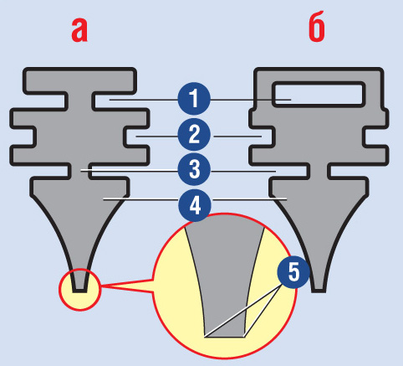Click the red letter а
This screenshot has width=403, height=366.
(79, 30)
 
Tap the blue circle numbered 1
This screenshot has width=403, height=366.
(194, 99)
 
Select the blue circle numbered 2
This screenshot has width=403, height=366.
(194, 135)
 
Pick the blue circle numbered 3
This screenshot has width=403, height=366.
(194, 169)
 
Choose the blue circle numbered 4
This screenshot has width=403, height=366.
(195, 205)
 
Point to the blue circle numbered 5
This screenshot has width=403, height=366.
(293, 272)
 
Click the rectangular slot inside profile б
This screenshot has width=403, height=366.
(319, 95)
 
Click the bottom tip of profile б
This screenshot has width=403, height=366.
(319, 291)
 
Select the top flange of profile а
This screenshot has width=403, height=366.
(79, 80)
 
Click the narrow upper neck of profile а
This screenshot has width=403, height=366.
(79, 101)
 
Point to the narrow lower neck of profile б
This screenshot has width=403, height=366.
(319, 171)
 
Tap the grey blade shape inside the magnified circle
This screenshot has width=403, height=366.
(225, 276)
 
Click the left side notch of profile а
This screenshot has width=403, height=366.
(23, 137)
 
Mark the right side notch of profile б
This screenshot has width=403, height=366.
(376, 137)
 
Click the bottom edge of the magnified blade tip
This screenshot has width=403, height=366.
(225, 337)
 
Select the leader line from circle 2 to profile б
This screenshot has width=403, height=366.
(237, 137)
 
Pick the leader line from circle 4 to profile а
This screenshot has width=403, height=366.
(140, 199)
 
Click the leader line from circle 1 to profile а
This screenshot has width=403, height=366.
(144, 100)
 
